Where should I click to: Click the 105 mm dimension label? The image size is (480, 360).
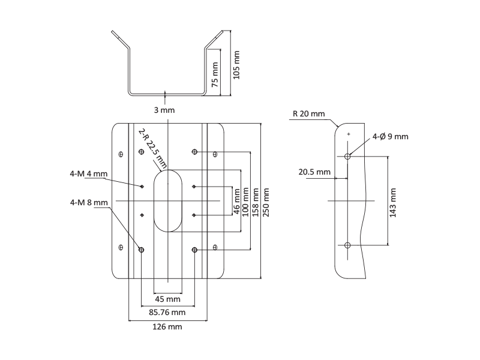point(236,65)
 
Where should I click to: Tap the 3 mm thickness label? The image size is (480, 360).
point(164,110)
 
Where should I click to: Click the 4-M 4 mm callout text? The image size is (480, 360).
point(88,174)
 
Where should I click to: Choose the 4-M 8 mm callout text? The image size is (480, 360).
point(89,202)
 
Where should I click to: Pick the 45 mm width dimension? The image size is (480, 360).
point(168,299)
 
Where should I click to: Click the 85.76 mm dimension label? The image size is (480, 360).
point(167,312)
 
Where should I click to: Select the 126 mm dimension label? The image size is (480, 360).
point(168,327)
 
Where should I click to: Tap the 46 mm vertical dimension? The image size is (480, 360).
point(237,202)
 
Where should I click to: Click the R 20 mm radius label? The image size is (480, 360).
point(309,113)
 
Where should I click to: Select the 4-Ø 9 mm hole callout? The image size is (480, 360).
point(390,137)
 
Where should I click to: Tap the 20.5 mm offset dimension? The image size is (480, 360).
point(314,172)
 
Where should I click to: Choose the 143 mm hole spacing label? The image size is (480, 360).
point(394,203)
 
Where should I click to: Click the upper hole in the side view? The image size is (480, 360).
point(348,157)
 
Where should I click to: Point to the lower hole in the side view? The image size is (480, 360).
point(348,244)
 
